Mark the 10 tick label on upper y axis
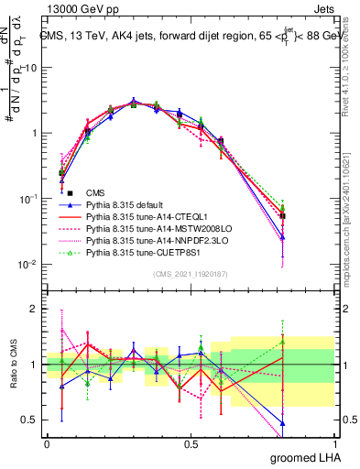coord(31,68)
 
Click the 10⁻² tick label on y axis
coord(29,264)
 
